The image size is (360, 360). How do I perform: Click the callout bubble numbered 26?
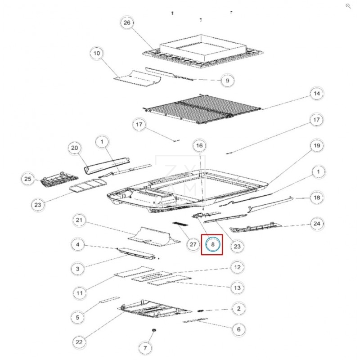pos(127,22)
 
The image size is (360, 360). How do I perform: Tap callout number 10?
pos(97,53)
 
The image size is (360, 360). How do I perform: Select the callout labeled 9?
pos(227,81)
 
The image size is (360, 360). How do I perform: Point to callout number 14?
pos(317,94)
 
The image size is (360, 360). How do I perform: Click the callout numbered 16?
pos(199,145)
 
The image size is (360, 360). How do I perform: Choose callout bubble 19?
pos(317,145)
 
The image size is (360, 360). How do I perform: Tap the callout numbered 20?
pos(75,148)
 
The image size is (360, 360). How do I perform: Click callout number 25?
pos(28,179)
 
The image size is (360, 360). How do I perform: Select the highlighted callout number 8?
pos(212,244)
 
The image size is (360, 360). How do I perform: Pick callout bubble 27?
pos(193,244)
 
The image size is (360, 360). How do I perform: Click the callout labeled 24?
pos(317,224)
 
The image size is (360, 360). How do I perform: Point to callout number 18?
pos(317,198)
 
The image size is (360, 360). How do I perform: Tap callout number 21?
pos(79,220)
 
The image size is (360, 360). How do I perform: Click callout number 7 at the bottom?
pos(145,348)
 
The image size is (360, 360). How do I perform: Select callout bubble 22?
pos(79,342)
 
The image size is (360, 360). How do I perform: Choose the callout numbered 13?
pos(237,288)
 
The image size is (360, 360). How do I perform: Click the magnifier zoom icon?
pos(348,6)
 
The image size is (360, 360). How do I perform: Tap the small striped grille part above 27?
pos(180,224)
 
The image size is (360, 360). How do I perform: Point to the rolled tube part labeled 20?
pos(107,165)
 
